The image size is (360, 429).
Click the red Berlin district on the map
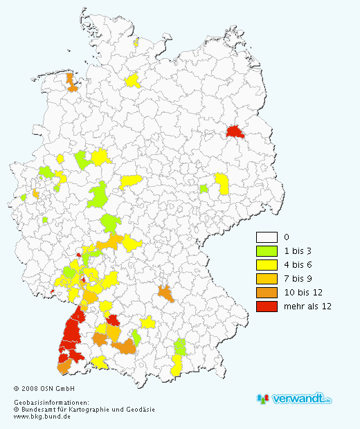coord(235,133)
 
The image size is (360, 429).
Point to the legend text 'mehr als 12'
coord(305,306)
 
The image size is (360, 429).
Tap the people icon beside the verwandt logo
coord(264,399)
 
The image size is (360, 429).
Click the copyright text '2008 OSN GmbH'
coord(48,389)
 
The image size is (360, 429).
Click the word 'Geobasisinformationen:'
coord(51,403)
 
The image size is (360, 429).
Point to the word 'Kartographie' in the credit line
coord(97,410)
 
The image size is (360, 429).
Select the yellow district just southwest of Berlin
coord(222,183)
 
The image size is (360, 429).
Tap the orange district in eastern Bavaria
coord(165,293)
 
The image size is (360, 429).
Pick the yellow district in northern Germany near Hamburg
coord(132,81)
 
